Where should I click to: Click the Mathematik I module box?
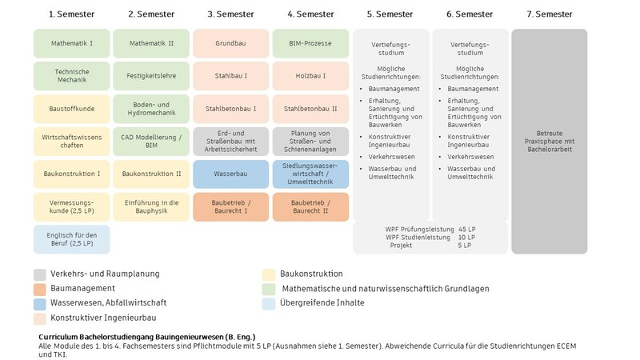pyautogui.click(x=72, y=43)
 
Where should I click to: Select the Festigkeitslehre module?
pyautogui.click(x=151, y=76)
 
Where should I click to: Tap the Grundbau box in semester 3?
pyautogui.click(x=231, y=43)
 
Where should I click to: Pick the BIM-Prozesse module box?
pyautogui.click(x=310, y=43)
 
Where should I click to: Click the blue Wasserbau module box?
pyautogui.click(x=231, y=174)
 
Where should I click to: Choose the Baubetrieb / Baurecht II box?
pyautogui.click(x=310, y=207)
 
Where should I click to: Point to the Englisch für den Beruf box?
pyautogui.click(x=72, y=239)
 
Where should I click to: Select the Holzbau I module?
pyautogui.click(x=310, y=76)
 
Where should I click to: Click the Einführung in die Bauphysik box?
pyautogui.click(x=151, y=207)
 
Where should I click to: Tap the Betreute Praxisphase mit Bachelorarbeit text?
pyautogui.click(x=550, y=142)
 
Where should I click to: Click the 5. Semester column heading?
pyautogui.click(x=390, y=14)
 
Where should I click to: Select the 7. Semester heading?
pyautogui.click(x=550, y=14)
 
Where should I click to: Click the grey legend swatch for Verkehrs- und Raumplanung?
pyautogui.click(x=39, y=274)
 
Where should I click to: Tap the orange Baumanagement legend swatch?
pyautogui.click(x=39, y=290)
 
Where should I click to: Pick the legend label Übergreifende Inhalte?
pyautogui.click(x=322, y=303)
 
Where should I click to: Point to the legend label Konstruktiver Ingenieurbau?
pyautogui.click(x=103, y=318)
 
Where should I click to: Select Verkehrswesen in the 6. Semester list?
pyautogui.click(x=470, y=157)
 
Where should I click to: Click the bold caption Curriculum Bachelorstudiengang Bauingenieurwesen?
pyautogui.click(x=147, y=337)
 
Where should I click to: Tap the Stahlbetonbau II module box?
pyautogui.click(x=310, y=109)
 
